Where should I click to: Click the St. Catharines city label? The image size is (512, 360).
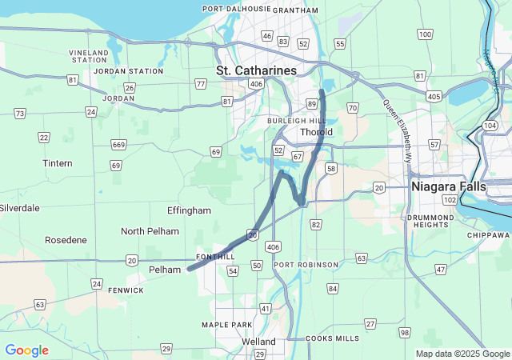click(256, 70)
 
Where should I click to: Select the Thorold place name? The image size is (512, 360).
click(315, 132)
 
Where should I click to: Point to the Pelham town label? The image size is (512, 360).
click(165, 270)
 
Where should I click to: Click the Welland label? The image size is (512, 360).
click(258, 342)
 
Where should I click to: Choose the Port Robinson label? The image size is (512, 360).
click(305, 265)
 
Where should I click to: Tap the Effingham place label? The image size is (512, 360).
click(189, 210)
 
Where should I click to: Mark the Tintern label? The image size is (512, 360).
click(57, 163)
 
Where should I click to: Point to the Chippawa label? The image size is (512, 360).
click(489, 235)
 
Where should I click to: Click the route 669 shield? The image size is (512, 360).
click(118, 145)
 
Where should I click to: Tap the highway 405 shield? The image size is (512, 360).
click(434, 97)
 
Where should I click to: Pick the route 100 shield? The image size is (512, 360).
click(425, 34)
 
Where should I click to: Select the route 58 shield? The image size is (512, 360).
click(330, 169)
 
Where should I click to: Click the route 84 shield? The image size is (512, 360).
click(332, 288)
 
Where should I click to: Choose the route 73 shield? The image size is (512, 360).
click(19, 114)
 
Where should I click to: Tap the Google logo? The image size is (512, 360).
click(26, 350)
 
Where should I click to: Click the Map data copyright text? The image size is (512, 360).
click(462, 354)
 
